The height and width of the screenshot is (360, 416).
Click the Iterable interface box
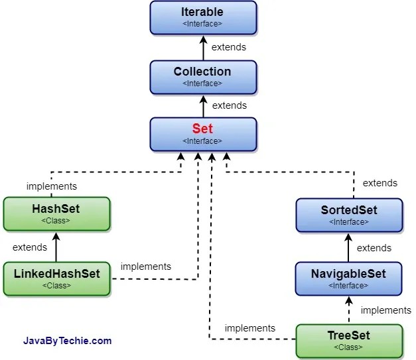(202, 17)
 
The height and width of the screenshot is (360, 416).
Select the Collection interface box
(202, 76)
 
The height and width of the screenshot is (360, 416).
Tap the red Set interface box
(202, 134)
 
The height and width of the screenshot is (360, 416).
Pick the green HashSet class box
(56, 213)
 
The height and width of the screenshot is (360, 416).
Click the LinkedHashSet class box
(56, 278)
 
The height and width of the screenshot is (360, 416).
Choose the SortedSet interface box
(348, 215)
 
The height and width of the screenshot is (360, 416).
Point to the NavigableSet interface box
(348, 278)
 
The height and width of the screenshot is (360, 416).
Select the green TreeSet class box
(348, 340)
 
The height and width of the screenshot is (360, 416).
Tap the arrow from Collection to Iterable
(203, 47)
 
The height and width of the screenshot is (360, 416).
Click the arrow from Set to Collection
(203, 105)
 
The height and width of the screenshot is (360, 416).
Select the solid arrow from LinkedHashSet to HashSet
(56, 247)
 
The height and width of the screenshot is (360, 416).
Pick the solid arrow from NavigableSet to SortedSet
(349, 247)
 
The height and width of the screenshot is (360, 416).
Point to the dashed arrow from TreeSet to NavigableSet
(349, 310)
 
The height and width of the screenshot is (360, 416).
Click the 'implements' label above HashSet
(51, 186)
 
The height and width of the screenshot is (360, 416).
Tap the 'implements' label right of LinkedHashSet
(145, 267)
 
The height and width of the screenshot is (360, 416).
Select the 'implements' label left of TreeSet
(249, 328)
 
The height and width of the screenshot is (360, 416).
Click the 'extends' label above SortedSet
(380, 183)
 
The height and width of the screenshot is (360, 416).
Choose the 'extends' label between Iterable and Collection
(229, 47)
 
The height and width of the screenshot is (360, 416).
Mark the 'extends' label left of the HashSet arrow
(30, 247)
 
